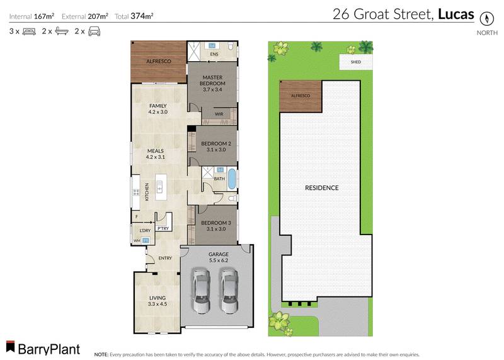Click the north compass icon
point(485,18)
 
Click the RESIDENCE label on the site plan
point(322,188)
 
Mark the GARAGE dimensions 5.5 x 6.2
point(219,260)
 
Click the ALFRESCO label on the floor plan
point(158,61)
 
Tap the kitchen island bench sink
point(160,187)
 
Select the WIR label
point(219,114)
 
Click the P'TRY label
point(162,228)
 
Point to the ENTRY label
point(165,258)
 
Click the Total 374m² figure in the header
point(142,15)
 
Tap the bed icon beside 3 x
point(29,31)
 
